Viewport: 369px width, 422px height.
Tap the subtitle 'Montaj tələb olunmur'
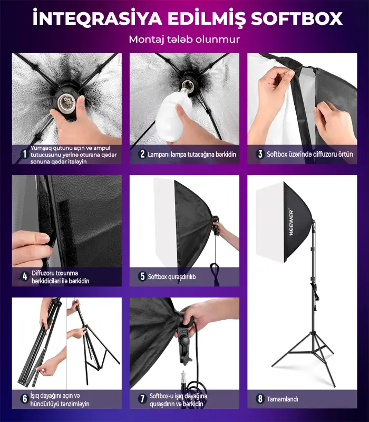pyautogui.click(x=184, y=39)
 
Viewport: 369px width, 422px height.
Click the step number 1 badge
pyautogui.click(x=25, y=154)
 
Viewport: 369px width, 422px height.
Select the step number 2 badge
pyautogui.click(x=142, y=154)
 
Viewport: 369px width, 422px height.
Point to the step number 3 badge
pyautogui.click(x=260, y=154)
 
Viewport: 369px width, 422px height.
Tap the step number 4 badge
pyautogui.click(x=25, y=276)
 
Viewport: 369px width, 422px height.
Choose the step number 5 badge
pyautogui.click(x=142, y=276)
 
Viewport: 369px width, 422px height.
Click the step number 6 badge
pyautogui.click(x=25, y=399)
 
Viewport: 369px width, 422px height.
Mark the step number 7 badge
pyautogui.click(x=142, y=399)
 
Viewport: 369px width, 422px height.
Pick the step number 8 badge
pyautogui.click(x=260, y=399)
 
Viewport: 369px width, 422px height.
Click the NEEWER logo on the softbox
pyautogui.click(x=291, y=222)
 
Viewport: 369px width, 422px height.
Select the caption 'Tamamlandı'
pyautogui.click(x=283, y=399)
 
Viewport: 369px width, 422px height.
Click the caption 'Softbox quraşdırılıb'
pyautogui.click(x=172, y=276)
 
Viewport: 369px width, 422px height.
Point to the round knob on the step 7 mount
pyautogui.click(x=185, y=341)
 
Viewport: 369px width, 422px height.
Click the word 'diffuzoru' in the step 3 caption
pyautogui.click(x=325, y=154)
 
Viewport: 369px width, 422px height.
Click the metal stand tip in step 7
pyautogui.click(x=184, y=377)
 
